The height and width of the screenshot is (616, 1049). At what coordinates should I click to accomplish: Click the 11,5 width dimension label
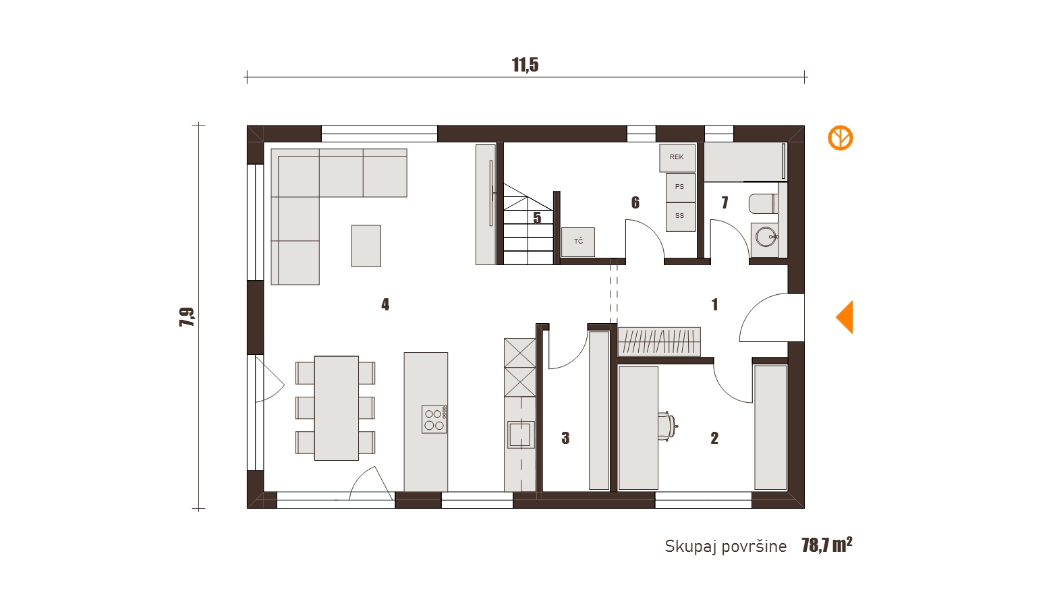525,65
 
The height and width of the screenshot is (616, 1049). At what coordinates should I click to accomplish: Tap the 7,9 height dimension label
187,316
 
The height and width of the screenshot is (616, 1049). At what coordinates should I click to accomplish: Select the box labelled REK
677,158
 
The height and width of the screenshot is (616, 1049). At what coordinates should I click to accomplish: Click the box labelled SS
680,217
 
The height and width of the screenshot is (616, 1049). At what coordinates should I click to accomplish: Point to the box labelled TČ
578,242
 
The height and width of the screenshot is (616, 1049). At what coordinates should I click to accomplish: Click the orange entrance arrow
845,317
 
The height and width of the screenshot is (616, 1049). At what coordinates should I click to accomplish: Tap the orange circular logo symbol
840,138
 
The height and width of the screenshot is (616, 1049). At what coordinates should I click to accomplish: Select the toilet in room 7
764,203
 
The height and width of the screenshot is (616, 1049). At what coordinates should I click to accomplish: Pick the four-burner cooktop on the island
434,419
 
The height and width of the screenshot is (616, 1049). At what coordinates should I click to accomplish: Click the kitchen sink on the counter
521,435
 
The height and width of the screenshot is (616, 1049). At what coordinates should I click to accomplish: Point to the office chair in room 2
667,426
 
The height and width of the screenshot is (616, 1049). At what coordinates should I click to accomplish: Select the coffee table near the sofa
366,246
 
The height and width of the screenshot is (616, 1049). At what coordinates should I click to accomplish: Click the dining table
336,408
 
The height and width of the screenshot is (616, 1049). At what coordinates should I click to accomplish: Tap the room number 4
385,305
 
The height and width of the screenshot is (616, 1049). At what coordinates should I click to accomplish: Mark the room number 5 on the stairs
537,218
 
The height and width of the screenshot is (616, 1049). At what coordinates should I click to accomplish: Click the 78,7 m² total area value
826,544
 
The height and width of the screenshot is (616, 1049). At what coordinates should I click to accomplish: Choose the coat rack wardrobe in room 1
659,341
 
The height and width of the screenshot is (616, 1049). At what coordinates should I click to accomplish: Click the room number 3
565,438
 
